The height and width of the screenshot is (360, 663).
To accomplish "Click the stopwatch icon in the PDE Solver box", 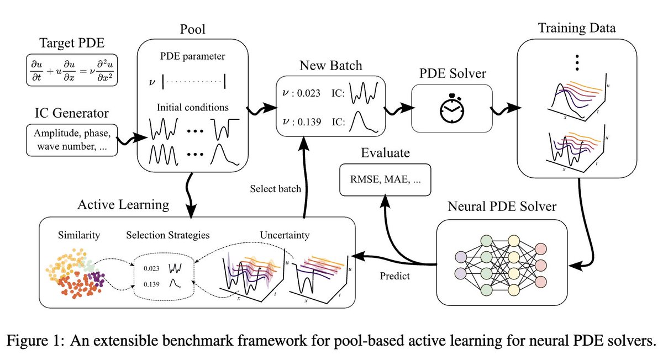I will point(452,108).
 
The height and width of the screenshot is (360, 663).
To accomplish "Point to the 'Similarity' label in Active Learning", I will point(79,235).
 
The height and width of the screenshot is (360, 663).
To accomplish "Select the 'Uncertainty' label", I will point(285,235).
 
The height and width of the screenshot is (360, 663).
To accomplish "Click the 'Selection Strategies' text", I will point(167,235).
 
